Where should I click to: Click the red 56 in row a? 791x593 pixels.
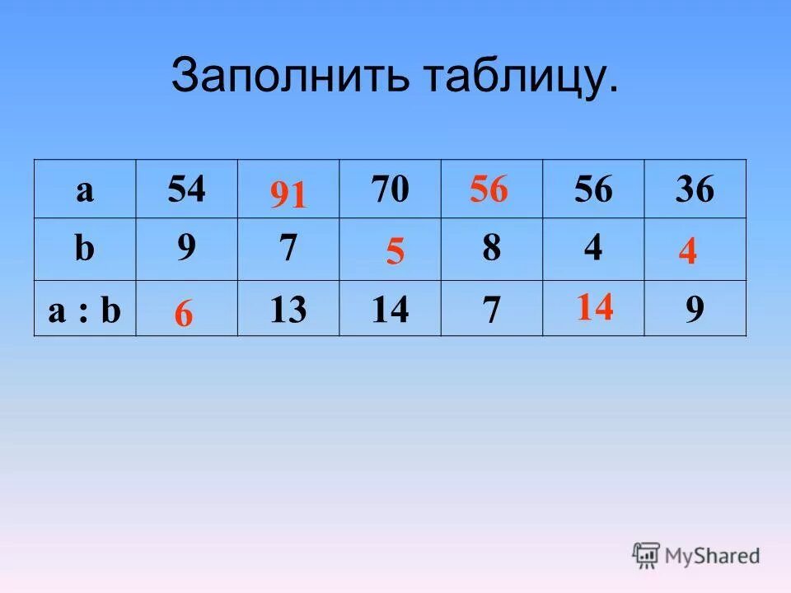489,190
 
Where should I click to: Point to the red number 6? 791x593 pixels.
184,315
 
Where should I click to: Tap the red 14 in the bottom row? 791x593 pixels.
594,307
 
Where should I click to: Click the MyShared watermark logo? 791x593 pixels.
696,556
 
